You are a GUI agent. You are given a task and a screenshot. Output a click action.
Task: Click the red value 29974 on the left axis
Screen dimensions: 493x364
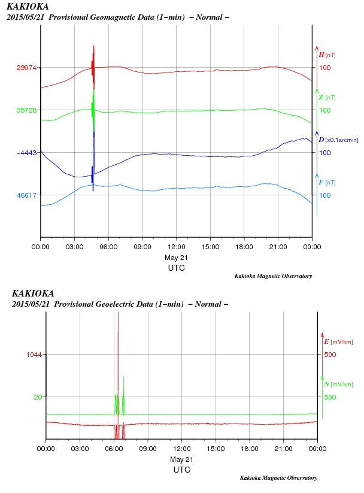pyautogui.click(x=27, y=68)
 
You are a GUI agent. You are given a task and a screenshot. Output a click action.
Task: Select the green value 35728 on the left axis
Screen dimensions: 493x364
pyautogui.click(x=27, y=110)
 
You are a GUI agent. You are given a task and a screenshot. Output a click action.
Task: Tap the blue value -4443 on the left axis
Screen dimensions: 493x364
pyautogui.click(x=27, y=153)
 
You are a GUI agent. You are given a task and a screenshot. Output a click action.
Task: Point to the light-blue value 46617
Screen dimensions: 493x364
pyautogui.click(x=27, y=195)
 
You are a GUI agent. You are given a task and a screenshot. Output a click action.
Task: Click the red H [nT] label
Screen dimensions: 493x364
pyautogui.click(x=327, y=55)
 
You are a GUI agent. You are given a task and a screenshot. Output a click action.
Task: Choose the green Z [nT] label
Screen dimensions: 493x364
pyautogui.click(x=327, y=97)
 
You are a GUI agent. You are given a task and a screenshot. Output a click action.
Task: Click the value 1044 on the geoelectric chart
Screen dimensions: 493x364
pyautogui.click(x=34, y=355)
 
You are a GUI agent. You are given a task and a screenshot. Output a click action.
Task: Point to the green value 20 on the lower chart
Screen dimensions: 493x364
pyautogui.click(x=38, y=397)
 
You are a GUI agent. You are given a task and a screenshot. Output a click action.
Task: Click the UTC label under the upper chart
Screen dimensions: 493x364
pyautogui.click(x=176, y=268)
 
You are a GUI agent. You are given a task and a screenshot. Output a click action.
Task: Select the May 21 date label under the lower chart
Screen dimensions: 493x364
pyautogui.click(x=182, y=459)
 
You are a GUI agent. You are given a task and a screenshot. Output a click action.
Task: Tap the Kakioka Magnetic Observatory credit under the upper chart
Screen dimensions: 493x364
pyautogui.click(x=272, y=276)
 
